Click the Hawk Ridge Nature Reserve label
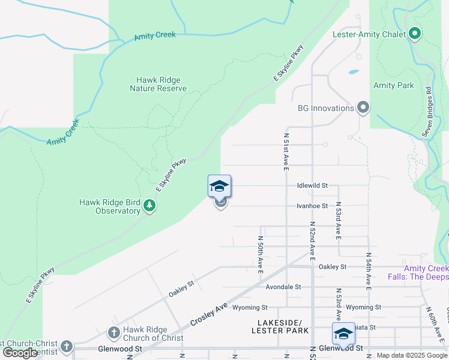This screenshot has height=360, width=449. pos(158,84)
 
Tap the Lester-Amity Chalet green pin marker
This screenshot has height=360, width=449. pos(414,34)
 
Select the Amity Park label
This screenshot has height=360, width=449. pos(393,86)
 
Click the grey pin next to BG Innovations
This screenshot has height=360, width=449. pos(363,108)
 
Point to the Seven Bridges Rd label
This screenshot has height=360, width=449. pos(428,112)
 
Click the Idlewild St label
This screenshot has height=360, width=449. pos(312,186)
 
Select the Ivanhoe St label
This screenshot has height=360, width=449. pos(312,206)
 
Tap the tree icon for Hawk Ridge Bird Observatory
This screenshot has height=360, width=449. pos(149,207)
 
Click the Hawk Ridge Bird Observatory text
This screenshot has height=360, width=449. pos(110,206)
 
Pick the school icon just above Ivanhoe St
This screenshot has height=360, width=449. pos(220,187)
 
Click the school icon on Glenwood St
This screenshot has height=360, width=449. pos(344,334)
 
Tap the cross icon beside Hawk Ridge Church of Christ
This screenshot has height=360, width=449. pos(114,333)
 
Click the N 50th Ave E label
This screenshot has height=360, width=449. pos(261,250)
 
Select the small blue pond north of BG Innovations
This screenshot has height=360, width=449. pos(353,72)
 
